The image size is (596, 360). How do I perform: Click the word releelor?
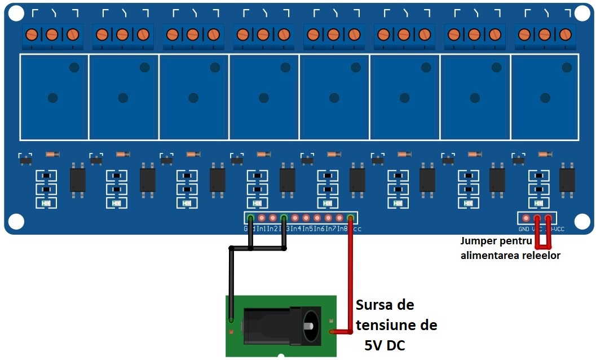coord(539,256)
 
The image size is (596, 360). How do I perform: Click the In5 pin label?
coord(307,229)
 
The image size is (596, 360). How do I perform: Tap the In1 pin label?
coord(262,229)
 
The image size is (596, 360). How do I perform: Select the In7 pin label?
coord(330,229)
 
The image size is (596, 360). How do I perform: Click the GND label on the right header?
coord(524,229)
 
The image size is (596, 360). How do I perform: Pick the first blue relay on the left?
coord(54,97)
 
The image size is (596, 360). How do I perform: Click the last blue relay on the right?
coord(545,97)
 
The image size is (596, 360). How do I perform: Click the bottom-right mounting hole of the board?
coord(581,221)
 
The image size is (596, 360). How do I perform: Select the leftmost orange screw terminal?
coord(32,34)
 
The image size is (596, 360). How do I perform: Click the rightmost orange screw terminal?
coord(564,34)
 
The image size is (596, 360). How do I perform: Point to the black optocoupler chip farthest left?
coord(77,179)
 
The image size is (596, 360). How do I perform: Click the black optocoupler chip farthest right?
coord(567,179)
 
